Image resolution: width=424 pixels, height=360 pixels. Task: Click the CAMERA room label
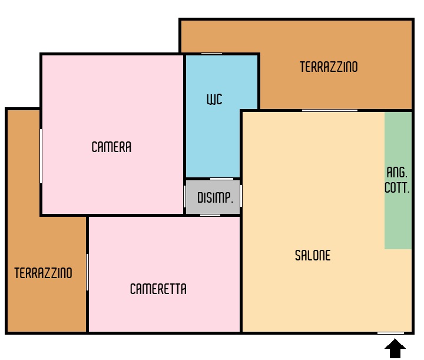point(111,147)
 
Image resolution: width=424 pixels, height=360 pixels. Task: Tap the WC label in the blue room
point(214,99)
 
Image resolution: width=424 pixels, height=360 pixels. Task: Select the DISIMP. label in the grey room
point(215,197)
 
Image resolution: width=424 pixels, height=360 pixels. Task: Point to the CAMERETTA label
point(158,289)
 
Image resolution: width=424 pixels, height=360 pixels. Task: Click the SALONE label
point(313,255)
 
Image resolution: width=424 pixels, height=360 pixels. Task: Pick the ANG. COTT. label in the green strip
point(397,180)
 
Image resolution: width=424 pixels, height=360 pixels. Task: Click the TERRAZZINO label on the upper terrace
point(329,67)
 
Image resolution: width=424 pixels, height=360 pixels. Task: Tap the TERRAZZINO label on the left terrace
point(43,273)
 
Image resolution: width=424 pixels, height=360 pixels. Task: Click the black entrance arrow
point(395,348)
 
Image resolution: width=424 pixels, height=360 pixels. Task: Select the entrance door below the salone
point(391,333)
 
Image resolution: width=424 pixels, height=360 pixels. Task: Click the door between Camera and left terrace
point(41,156)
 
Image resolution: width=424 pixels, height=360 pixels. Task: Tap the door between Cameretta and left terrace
point(87,272)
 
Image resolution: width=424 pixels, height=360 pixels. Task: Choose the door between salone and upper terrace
point(330,110)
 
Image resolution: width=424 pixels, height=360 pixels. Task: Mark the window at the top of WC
point(212,54)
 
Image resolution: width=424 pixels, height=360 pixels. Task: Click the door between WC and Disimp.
point(222,179)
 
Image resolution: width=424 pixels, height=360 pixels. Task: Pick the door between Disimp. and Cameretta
point(210,215)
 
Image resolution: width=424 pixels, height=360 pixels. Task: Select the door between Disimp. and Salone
point(241,196)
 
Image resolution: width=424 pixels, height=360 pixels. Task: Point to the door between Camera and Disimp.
point(185,196)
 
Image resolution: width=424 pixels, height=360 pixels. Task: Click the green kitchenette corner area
point(398,180)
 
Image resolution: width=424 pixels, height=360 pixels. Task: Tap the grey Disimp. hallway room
point(213,197)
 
